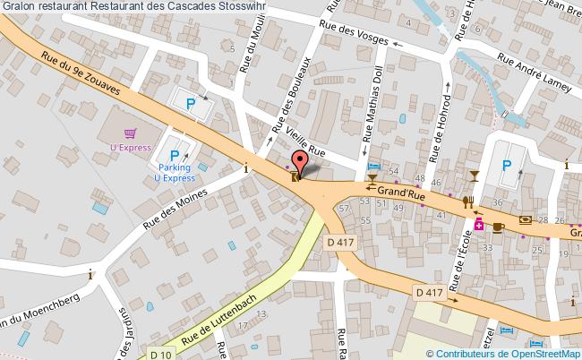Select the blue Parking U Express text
point(177,172)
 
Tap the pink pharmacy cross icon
point(479,224)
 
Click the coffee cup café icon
point(497,227)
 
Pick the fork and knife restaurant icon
point(467,202)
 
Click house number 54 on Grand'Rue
point(395,169)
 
